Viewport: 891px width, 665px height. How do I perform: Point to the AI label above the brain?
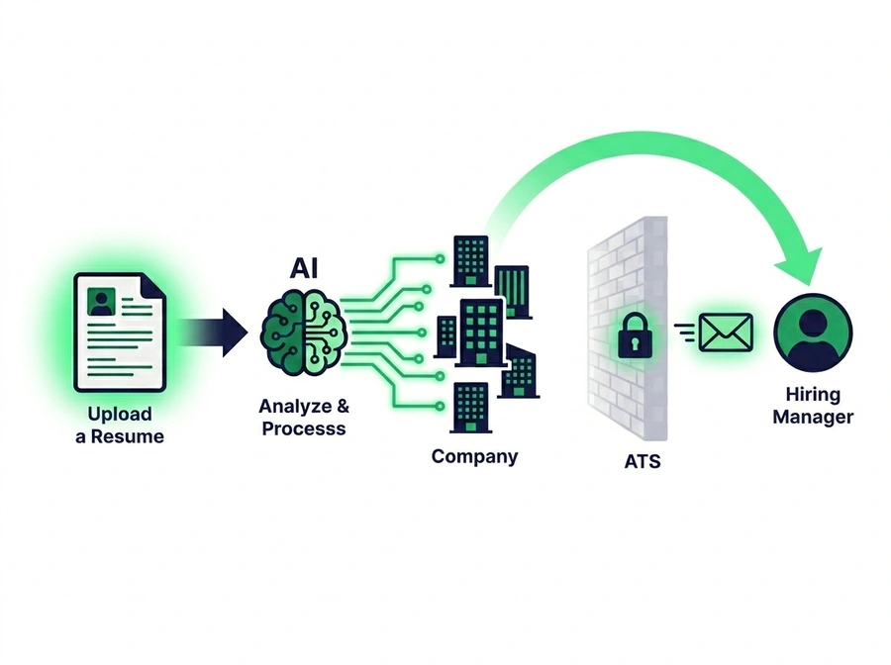pyautogui.click(x=304, y=267)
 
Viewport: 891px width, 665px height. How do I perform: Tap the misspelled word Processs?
pyautogui.click(x=304, y=428)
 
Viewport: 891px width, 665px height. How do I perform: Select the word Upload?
pyautogui.click(x=120, y=414)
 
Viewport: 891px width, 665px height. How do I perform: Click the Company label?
pyautogui.click(x=474, y=457)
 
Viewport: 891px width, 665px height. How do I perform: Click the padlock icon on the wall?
pyautogui.click(x=633, y=336)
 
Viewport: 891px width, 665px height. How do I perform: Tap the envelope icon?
pyautogui.click(x=726, y=332)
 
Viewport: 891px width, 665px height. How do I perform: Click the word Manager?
pyautogui.click(x=812, y=418)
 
